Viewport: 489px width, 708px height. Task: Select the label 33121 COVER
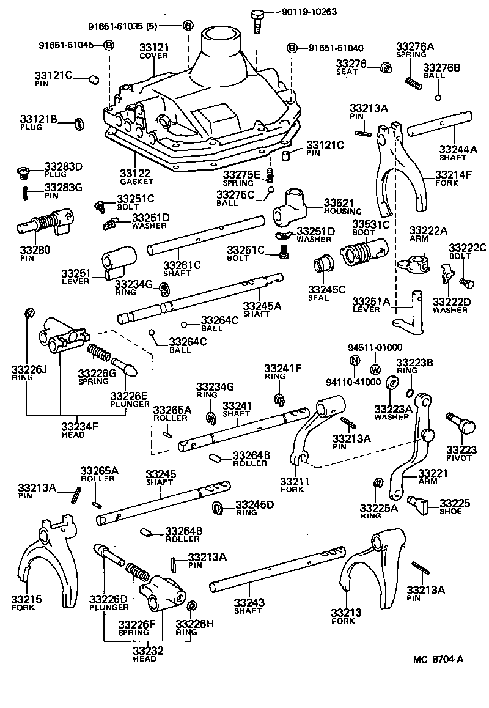[x=153, y=51]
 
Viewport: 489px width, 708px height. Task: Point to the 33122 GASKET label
[x=136, y=177]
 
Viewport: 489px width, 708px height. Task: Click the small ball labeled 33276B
[x=438, y=97]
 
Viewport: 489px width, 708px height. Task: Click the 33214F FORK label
[x=453, y=178]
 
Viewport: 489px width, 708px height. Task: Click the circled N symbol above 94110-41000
[x=354, y=360]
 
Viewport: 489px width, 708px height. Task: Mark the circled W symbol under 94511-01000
[x=375, y=369]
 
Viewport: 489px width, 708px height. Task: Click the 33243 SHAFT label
[x=249, y=606]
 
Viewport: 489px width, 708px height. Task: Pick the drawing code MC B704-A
[x=438, y=659]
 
